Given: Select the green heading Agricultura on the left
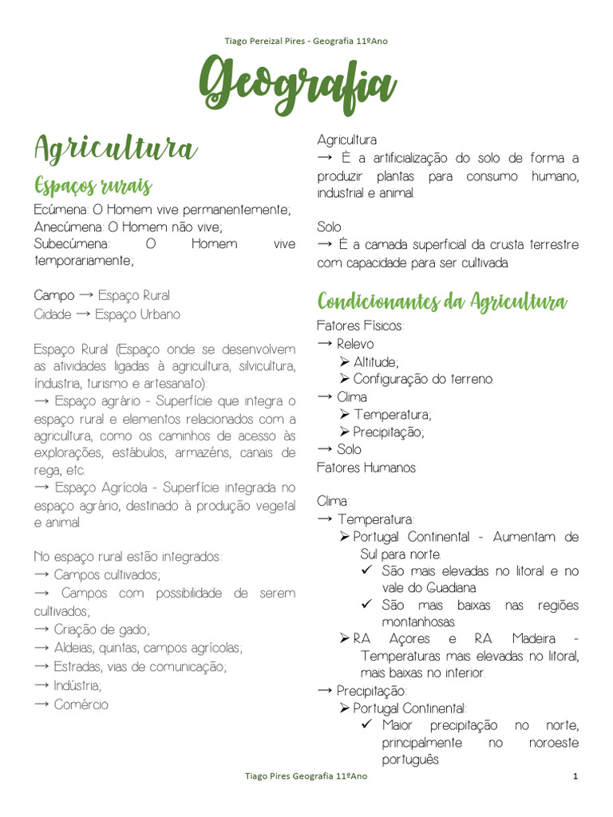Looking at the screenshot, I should [x=115, y=148].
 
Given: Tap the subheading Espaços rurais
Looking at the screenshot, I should [x=93, y=186].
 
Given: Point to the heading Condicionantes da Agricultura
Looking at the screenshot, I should [x=441, y=302].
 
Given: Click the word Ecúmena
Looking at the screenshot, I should [x=61, y=210].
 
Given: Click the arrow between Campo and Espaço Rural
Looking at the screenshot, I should [x=87, y=295].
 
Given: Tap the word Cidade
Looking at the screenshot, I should [x=53, y=314].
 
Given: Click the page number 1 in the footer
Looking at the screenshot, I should [x=575, y=776].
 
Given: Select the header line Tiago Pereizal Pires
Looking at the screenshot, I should [x=306, y=41].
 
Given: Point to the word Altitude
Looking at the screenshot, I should [x=375, y=361].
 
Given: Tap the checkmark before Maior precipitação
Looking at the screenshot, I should [x=367, y=725].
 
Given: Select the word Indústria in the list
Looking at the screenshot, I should [x=77, y=685].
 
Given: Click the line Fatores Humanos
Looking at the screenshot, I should [x=366, y=468].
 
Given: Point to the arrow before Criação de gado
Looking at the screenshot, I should [x=43, y=629].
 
